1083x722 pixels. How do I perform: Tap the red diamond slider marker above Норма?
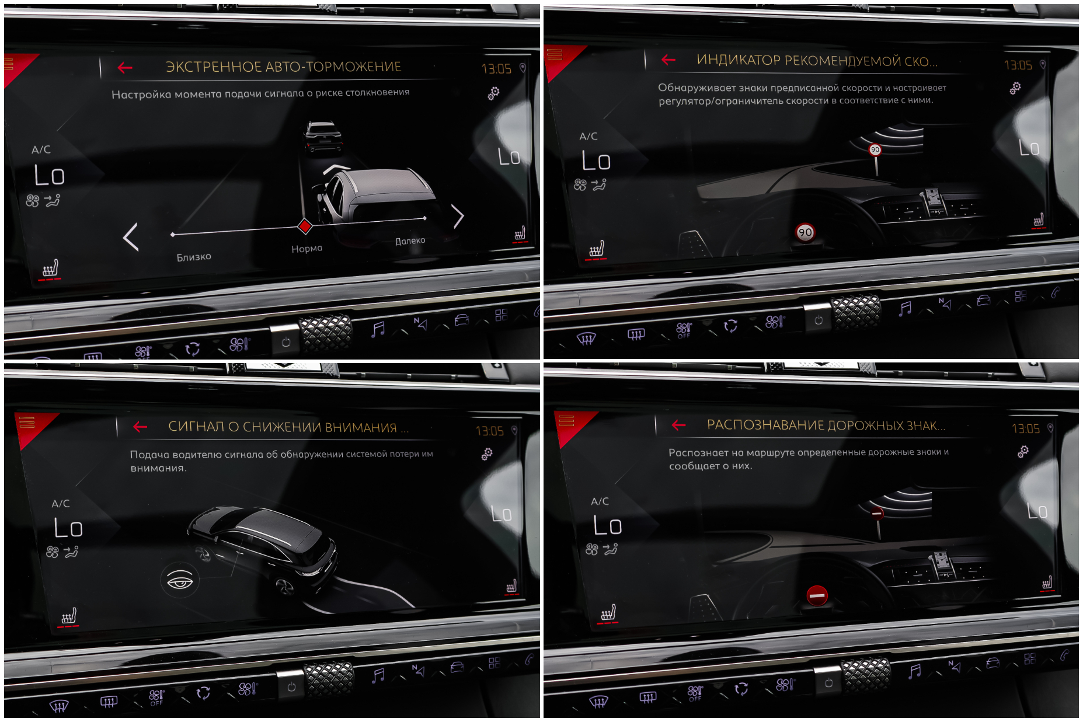305,226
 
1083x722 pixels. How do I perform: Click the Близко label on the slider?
194,257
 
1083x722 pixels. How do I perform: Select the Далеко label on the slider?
410,240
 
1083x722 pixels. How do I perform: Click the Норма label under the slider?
307,249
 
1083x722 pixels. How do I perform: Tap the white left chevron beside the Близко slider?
131,237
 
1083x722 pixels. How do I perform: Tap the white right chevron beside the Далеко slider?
458,216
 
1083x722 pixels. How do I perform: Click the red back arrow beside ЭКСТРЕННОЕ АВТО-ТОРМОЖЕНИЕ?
125,68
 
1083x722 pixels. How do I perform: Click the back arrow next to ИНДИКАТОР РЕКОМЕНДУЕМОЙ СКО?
668,60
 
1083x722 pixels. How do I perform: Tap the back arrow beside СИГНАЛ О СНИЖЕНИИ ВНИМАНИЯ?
140,427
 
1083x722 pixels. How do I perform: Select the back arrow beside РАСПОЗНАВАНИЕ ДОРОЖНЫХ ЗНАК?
678,425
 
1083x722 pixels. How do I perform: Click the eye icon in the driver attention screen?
180,580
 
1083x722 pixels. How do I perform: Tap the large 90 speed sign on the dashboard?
805,232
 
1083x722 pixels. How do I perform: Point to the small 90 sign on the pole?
875,149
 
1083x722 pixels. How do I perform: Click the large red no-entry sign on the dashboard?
817,595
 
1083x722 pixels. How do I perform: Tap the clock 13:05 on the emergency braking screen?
496,69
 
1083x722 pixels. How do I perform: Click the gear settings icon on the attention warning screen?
487,454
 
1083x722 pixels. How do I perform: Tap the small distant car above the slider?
322,137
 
